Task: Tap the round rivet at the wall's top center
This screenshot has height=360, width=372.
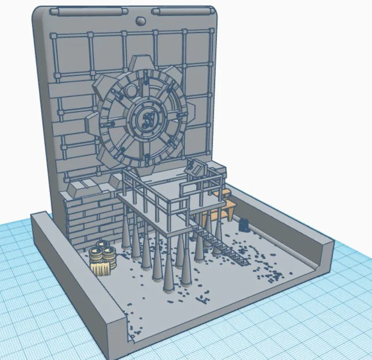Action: tap(141, 21)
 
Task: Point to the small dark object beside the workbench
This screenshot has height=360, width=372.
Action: tap(245, 223)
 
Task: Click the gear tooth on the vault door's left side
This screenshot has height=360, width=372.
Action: tap(90, 123)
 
